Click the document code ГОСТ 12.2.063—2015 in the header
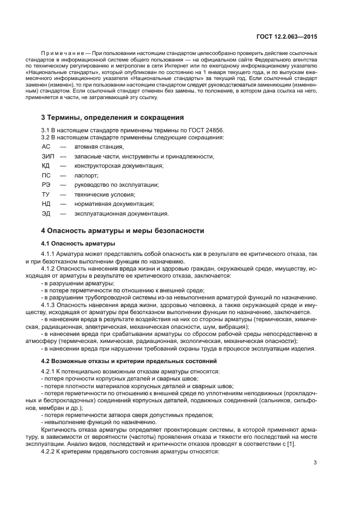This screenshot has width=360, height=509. tap(286, 36)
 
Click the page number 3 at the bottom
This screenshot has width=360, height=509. tap(315, 463)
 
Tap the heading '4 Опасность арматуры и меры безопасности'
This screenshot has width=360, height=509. tap(123, 231)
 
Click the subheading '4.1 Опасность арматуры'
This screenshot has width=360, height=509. tap(78, 243)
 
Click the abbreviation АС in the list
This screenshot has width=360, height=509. tap(46, 147)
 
